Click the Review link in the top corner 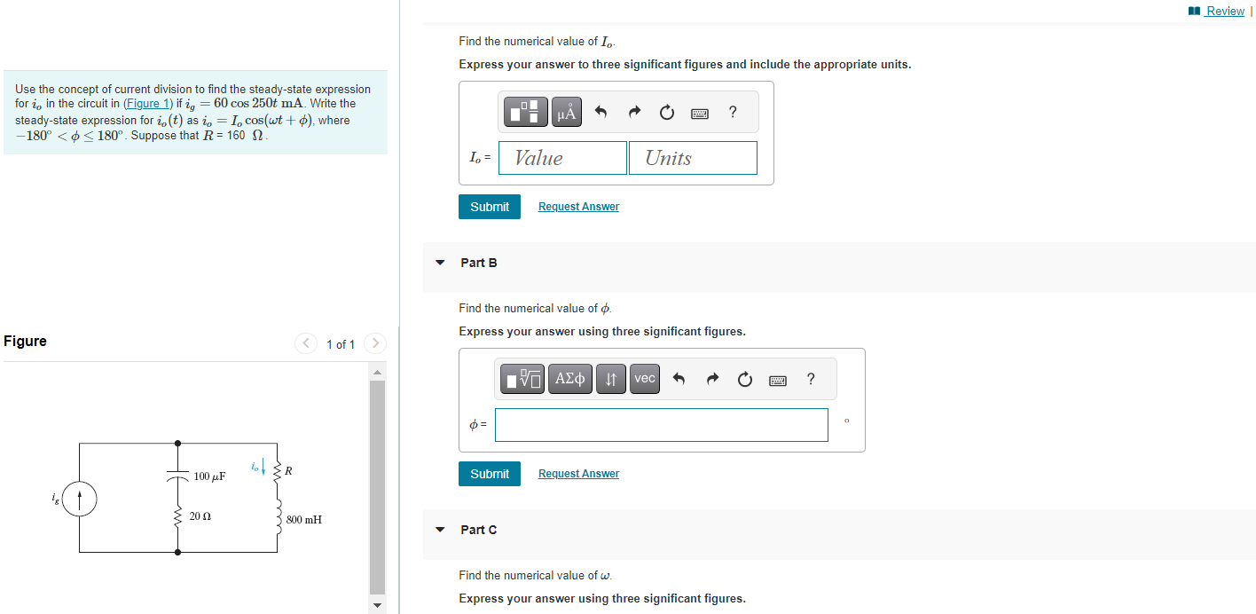1224,11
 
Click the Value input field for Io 562,158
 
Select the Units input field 693,158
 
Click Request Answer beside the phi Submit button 578,474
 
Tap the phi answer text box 661,425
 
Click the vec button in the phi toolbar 645,379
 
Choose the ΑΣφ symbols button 569,379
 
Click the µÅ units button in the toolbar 567,112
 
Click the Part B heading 479,263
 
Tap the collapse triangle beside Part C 440,530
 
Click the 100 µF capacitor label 209,476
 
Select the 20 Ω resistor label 200,516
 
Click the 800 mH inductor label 304,519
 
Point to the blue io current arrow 263,466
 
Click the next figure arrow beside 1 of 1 375,343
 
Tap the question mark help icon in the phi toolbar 811,379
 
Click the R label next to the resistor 288,470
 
